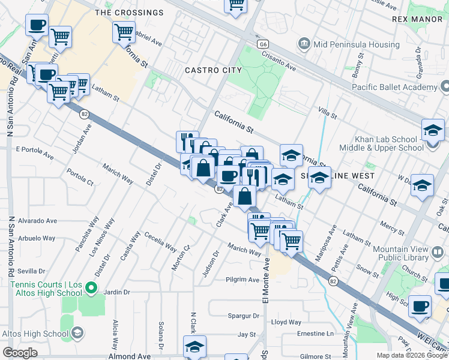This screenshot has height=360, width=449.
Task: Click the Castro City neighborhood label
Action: (213, 70)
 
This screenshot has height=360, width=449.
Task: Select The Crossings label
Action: (129, 13)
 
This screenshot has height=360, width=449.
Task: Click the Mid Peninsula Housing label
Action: (357, 44)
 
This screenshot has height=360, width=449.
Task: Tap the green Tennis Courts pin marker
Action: (91, 289)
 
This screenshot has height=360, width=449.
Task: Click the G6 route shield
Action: (262, 44)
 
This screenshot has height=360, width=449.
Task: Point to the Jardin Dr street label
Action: (117, 292)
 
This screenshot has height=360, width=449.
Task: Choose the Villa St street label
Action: (328, 112)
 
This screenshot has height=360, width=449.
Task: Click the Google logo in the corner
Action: (20, 353)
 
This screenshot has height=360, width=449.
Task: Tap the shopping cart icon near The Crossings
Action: (124, 32)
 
